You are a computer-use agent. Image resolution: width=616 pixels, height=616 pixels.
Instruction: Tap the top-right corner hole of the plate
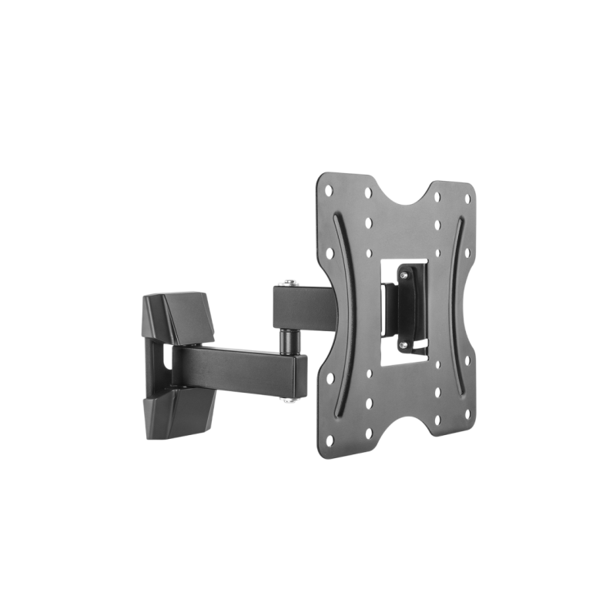464,194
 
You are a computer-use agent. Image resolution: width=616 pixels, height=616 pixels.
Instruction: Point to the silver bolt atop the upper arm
287,283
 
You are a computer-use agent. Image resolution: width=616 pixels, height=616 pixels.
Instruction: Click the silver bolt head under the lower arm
292,398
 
